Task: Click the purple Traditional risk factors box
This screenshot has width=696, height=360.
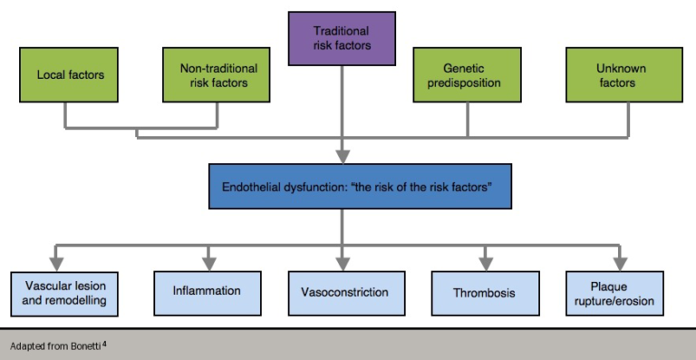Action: (x=342, y=39)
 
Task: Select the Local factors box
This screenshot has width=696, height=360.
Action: (x=70, y=74)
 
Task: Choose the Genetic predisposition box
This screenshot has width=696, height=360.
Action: (x=469, y=74)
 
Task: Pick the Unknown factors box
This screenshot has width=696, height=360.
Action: (x=615, y=74)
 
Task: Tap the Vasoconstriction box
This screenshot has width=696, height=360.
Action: (x=344, y=293)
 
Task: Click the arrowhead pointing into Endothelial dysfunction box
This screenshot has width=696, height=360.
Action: (x=343, y=156)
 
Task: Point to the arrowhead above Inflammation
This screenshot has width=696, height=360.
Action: (x=208, y=263)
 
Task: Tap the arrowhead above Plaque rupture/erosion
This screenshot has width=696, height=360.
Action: (x=621, y=263)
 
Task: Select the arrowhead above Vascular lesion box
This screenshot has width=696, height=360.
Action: (x=56, y=263)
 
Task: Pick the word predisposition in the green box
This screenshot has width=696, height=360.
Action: (x=469, y=83)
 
